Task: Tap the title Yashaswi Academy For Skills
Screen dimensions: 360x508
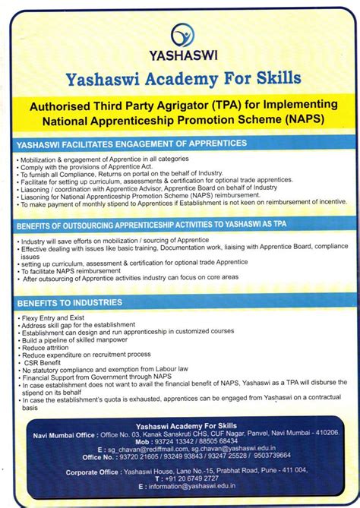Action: [183, 78]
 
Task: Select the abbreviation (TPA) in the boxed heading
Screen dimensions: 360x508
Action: [226, 104]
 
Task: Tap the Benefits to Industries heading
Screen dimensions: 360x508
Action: [69, 302]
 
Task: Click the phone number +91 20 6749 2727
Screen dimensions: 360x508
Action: [185, 478]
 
